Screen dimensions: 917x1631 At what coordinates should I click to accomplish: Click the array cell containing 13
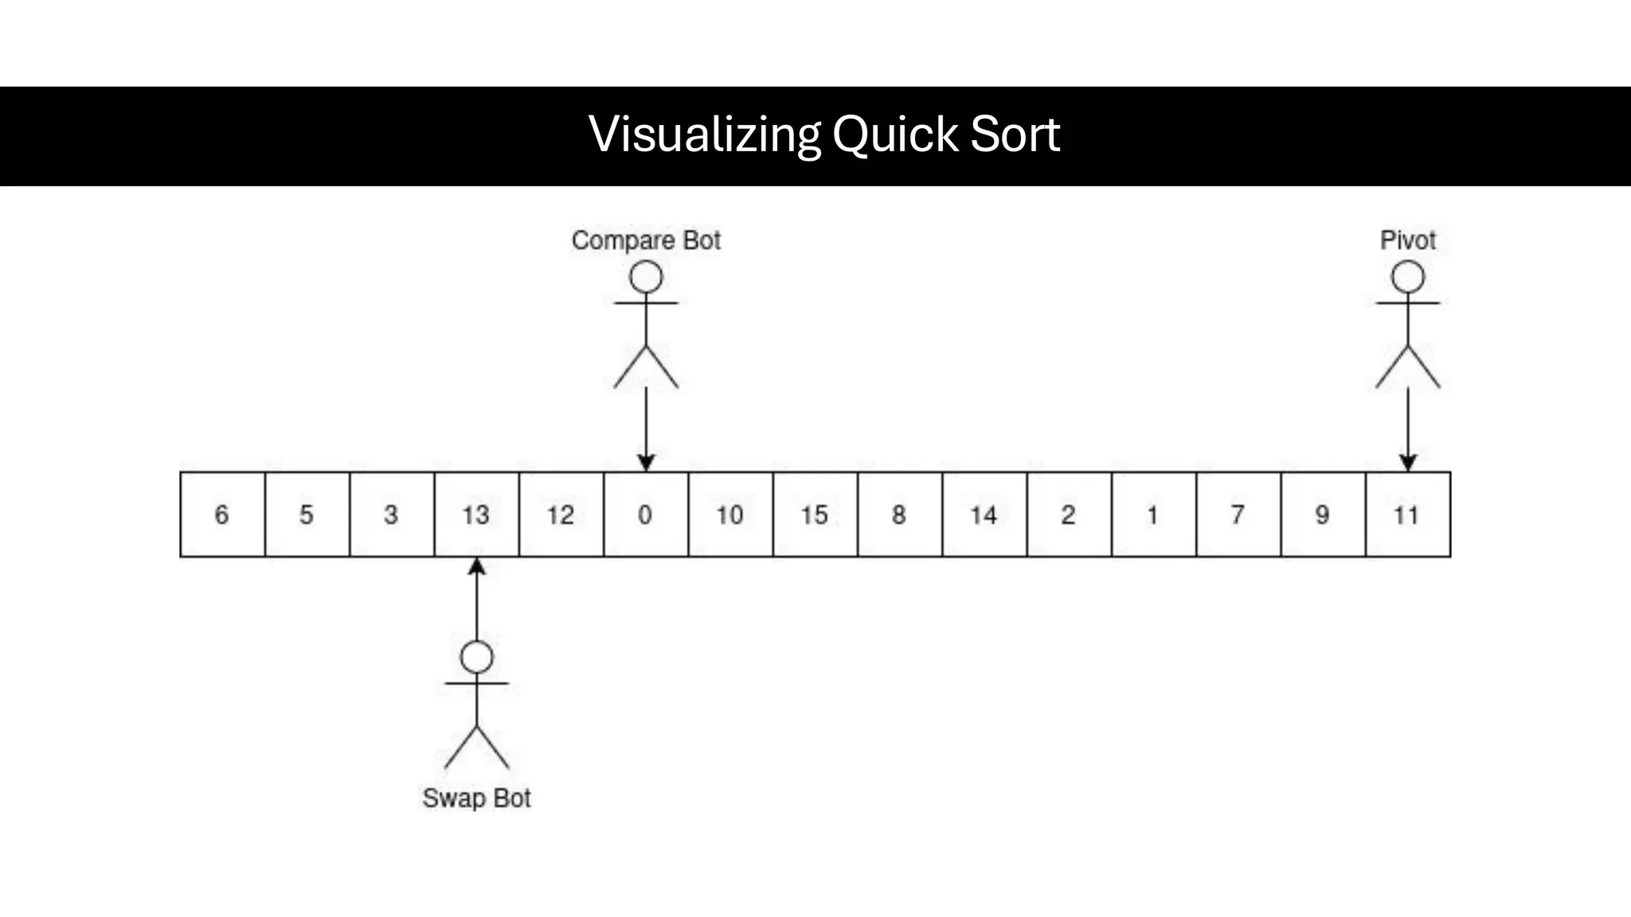tap(476, 514)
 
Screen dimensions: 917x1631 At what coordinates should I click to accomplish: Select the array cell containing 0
tap(646, 514)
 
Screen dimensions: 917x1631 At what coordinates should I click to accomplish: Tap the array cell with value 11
tap(1407, 514)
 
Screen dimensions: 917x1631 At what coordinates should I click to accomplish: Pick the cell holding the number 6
tap(222, 514)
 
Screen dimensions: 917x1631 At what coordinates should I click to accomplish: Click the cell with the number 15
tap(815, 514)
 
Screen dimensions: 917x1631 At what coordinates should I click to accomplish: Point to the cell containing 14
tap(984, 514)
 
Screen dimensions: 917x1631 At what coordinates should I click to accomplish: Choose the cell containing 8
tap(899, 514)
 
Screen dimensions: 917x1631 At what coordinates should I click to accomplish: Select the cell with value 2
tap(1069, 514)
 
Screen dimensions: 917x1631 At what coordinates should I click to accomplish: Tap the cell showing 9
tap(1323, 514)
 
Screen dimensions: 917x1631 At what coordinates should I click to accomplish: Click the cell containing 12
tap(561, 514)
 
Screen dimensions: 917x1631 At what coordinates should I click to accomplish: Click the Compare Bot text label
tap(646, 240)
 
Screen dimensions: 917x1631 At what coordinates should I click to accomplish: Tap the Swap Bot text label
tap(476, 798)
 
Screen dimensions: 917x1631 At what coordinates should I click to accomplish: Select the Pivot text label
tap(1407, 240)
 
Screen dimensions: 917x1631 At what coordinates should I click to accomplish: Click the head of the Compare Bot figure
tap(646, 278)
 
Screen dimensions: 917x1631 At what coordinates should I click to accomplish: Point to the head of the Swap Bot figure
tap(476, 658)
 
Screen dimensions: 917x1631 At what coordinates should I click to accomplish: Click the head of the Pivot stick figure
tap(1407, 278)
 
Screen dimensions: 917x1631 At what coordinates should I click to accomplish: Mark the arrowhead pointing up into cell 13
tap(476, 567)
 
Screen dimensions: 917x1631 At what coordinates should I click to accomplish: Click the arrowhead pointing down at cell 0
tap(646, 462)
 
